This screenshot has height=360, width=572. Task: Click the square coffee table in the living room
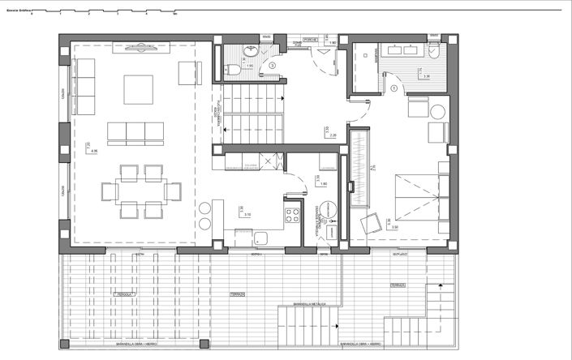click(x=138, y=89)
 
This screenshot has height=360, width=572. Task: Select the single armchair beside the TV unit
click(x=189, y=75)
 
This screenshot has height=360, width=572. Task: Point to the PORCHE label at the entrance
click(x=310, y=40)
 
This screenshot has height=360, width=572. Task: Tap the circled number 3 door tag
click(x=273, y=65)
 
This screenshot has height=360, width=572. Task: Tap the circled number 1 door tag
click(x=393, y=88)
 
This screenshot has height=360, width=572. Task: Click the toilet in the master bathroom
click(x=436, y=53)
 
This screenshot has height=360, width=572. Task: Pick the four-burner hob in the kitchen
click(x=290, y=216)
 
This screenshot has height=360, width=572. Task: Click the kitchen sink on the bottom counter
click(x=260, y=238)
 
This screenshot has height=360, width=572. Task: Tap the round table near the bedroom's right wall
click(x=438, y=113)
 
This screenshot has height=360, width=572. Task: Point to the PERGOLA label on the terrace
click(x=123, y=292)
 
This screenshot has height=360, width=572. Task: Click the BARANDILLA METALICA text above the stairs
click(x=309, y=303)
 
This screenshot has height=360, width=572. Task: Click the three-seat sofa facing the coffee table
click(x=138, y=131)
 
